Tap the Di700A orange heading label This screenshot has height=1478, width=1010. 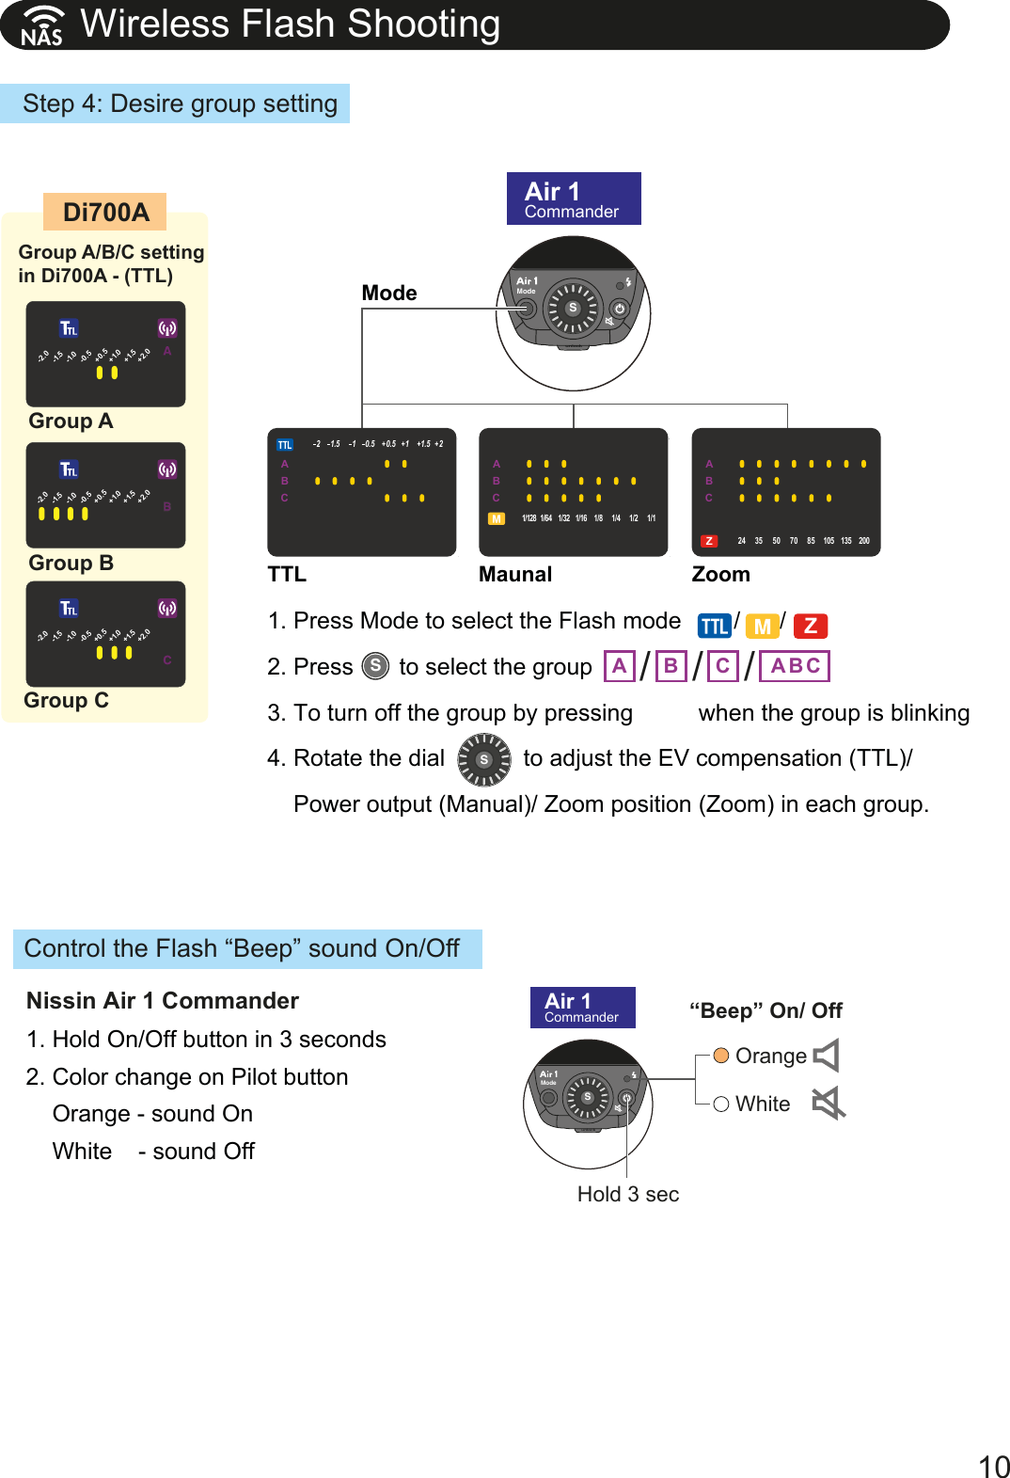[x=105, y=213]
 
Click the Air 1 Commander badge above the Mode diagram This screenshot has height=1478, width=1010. [x=573, y=199]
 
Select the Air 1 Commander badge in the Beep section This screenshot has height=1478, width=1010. [x=582, y=1008]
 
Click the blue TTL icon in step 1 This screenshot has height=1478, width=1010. [x=715, y=627]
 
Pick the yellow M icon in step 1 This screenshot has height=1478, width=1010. [x=762, y=627]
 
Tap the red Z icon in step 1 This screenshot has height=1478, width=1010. [x=811, y=627]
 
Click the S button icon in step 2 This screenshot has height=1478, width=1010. [x=375, y=666]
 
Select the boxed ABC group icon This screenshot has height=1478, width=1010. [x=795, y=666]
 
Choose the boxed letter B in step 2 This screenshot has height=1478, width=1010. [x=671, y=666]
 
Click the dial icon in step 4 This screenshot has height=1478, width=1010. [x=483, y=759]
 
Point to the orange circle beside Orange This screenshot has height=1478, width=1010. [x=721, y=1056]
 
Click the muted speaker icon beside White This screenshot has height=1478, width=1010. [x=829, y=1103]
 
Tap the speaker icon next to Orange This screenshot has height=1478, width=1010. [x=826, y=1056]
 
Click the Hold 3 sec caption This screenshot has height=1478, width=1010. [x=627, y=1194]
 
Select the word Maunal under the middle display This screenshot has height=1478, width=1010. [x=514, y=575]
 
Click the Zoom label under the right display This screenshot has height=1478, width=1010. [x=720, y=575]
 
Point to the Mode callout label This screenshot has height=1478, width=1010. [x=388, y=294]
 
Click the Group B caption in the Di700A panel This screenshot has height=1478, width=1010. [x=71, y=564]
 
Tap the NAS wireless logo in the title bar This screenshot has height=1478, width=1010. [x=42, y=26]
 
